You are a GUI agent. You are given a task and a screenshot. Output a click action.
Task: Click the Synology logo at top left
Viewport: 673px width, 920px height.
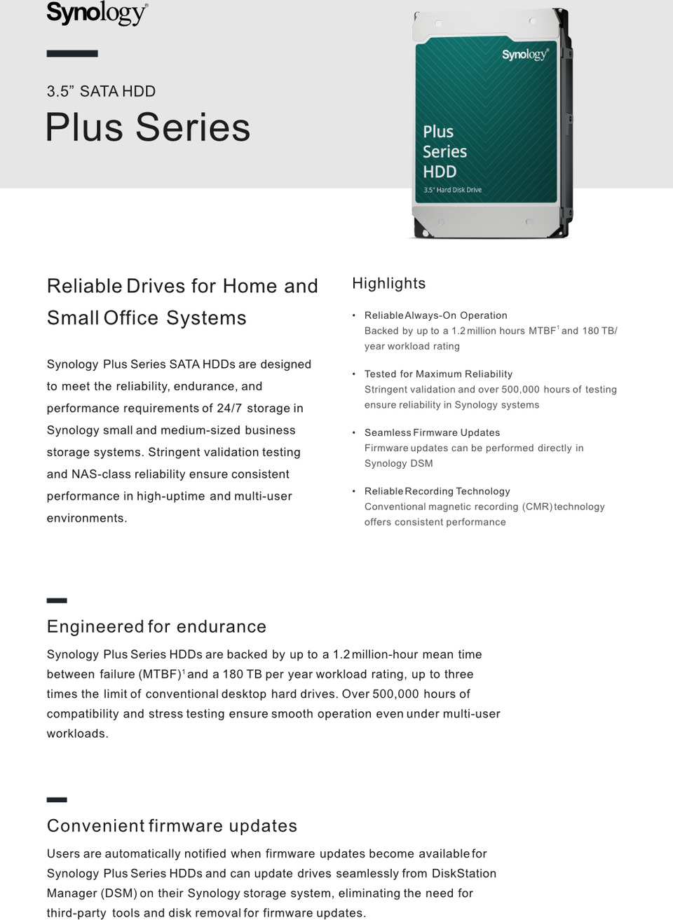click(x=97, y=13)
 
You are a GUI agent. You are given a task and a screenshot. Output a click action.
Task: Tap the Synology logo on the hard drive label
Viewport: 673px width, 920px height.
click(x=524, y=55)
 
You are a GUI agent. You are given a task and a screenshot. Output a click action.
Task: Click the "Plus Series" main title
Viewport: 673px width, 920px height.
click(x=148, y=128)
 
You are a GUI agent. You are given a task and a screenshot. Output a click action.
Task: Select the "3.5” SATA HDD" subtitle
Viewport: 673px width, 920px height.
click(x=101, y=91)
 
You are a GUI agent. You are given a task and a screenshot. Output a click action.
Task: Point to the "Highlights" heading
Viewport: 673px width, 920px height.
click(x=388, y=283)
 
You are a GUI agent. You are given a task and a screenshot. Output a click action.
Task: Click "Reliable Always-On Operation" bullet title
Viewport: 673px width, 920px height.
click(x=435, y=315)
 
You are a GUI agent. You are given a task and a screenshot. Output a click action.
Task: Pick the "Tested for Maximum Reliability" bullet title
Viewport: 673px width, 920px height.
click(x=438, y=374)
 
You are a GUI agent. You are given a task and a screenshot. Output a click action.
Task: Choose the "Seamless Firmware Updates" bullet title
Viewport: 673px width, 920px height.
click(x=432, y=432)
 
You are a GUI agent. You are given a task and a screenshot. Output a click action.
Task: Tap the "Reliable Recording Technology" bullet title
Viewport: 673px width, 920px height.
click(x=437, y=491)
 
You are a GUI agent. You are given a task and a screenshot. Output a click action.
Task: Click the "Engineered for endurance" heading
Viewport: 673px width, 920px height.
click(x=156, y=626)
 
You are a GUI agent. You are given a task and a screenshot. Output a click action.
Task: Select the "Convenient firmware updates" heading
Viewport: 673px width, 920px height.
click(x=172, y=825)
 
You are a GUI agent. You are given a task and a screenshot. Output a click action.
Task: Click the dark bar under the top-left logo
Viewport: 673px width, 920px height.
click(x=72, y=53)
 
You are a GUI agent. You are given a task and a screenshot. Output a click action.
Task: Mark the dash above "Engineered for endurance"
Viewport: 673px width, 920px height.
click(x=57, y=600)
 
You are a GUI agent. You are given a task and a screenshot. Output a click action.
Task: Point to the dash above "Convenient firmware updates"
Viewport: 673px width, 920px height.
click(x=57, y=799)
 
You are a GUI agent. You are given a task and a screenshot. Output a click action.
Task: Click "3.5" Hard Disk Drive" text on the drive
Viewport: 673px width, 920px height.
click(x=452, y=190)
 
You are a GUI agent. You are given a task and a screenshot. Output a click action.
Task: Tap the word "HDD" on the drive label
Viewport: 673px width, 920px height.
click(x=440, y=172)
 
